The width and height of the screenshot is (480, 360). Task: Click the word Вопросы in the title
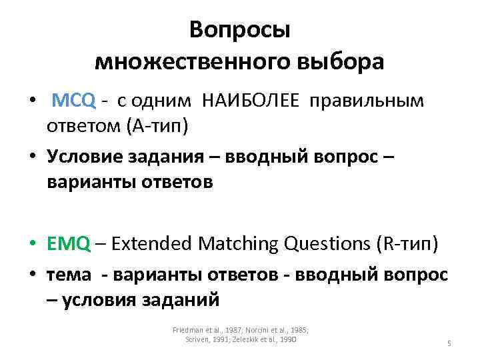click(x=239, y=30)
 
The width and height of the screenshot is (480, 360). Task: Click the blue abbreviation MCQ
click(x=74, y=101)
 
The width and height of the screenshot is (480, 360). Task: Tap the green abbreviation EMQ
click(x=68, y=244)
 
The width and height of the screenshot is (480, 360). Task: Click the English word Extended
click(x=153, y=244)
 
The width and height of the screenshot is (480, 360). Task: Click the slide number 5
click(x=449, y=343)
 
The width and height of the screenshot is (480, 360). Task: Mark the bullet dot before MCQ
click(x=31, y=101)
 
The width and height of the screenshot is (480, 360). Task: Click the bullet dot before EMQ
click(x=31, y=245)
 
